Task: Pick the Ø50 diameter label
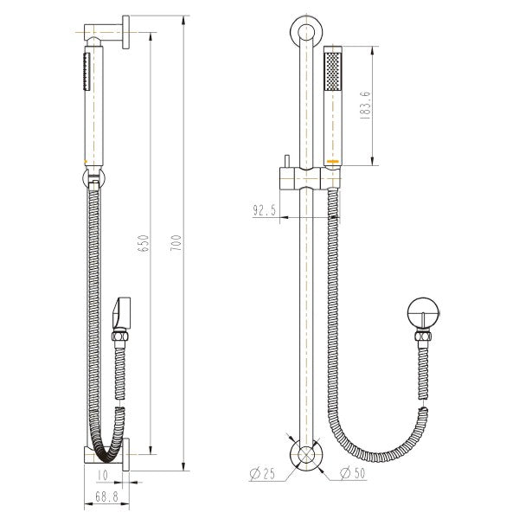point(350,473)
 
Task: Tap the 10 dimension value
point(103,474)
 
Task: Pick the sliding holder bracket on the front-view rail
point(304,179)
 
